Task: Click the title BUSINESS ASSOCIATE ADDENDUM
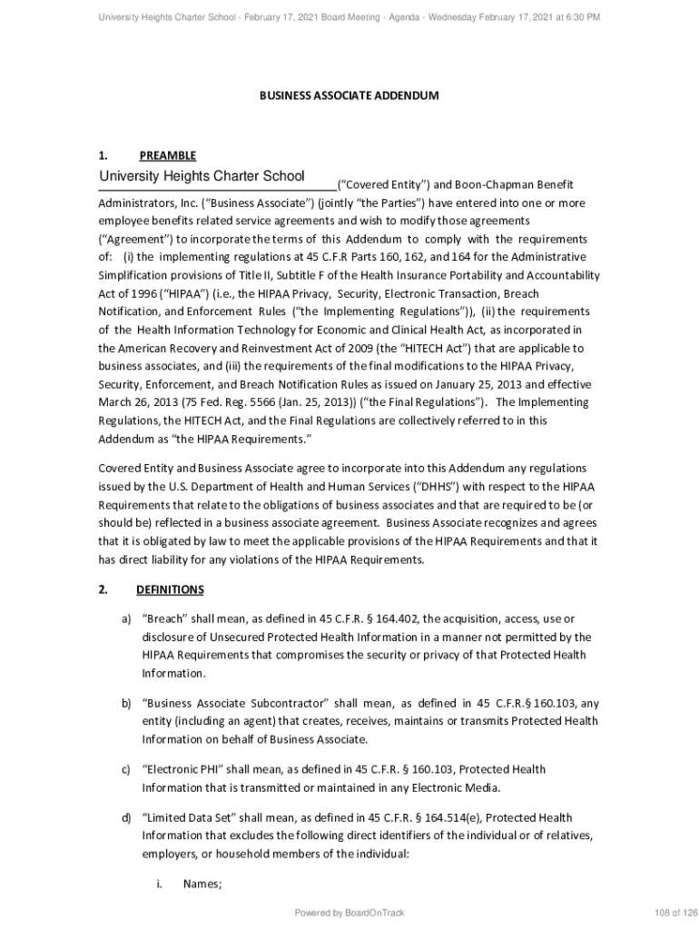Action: (x=349, y=95)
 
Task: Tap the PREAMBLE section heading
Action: (x=167, y=155)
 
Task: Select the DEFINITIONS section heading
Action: (x=170, y=589)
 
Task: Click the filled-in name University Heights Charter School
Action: (x=202, y=176)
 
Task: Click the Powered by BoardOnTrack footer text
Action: (x=349, y=913)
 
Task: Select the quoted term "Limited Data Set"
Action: (x=185, y=818)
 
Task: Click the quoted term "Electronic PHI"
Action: (x=177, y=769)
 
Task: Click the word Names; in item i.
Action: (x=202, y=884)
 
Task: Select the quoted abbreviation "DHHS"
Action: (x=437, y=486)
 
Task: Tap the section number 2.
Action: (x=103, y=589)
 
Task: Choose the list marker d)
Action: (x=127, y=818)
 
